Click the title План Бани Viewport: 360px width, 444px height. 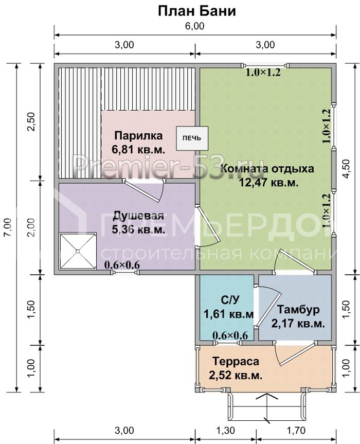pos(196,11)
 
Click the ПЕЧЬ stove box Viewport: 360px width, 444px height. pos(192,137)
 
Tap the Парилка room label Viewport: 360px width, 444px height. pos(138,136)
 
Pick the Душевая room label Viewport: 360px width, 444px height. pos(139,216)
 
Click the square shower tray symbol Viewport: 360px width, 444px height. pos(78,252)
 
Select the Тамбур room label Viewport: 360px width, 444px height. pos(298,310)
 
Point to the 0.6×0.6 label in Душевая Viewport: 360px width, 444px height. pos(122,265)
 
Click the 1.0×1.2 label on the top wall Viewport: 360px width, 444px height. pos(263,73)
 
